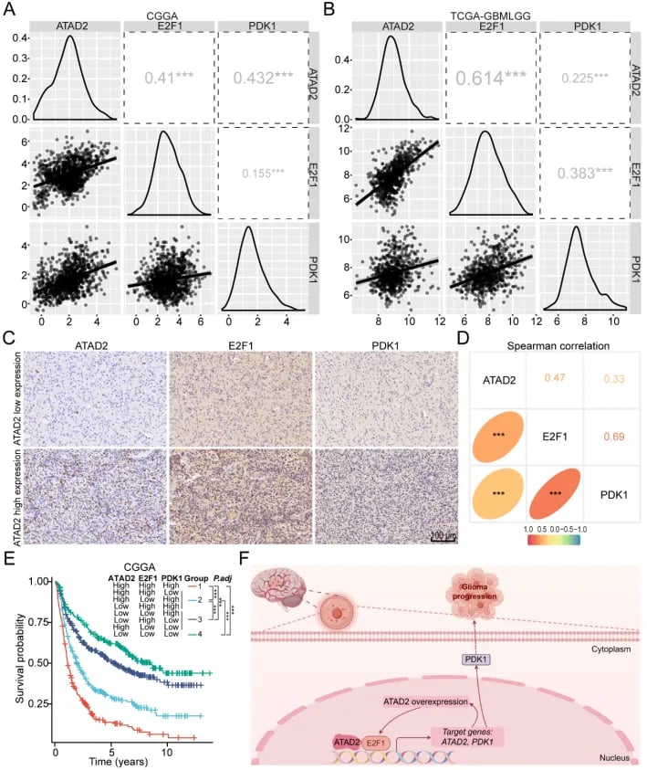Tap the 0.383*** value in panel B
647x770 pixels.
584,172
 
